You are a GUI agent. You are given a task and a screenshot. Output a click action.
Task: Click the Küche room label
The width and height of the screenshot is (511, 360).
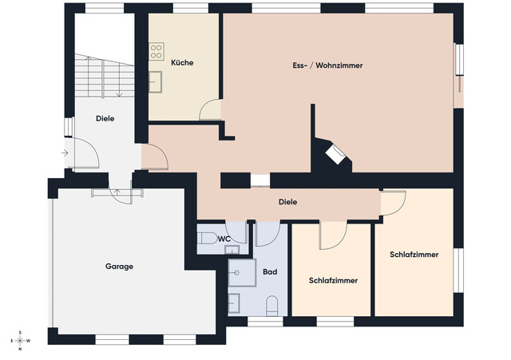(182, 63)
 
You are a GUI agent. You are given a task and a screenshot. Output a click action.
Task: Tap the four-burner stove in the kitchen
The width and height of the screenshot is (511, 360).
(156, 52)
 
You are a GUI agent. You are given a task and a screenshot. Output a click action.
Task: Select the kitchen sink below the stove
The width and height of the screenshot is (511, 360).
(156, 79)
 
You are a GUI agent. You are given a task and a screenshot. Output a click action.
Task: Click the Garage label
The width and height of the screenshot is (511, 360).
(119, 266)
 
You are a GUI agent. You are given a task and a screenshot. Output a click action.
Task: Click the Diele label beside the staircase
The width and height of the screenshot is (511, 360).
(105, 118)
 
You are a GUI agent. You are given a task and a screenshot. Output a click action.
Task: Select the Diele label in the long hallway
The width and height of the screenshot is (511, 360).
(287, 202)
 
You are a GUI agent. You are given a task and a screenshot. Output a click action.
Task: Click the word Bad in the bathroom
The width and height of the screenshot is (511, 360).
(270, 272)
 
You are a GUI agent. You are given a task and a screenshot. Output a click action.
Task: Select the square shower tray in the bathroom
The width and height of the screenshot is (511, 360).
(240, 273)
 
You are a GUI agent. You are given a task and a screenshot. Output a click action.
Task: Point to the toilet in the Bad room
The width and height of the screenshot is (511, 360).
(271, 306)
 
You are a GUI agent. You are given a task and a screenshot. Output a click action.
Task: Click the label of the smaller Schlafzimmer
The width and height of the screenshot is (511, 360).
(332, 280)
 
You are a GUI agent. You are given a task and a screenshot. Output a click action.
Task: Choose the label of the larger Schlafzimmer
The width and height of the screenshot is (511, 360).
(414, 255)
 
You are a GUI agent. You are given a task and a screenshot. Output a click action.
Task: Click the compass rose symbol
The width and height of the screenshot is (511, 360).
(22, 340)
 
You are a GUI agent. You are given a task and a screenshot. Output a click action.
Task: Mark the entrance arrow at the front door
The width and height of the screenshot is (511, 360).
(63, 152)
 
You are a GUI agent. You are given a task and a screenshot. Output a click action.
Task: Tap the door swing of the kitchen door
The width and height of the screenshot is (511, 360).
(211, 109)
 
